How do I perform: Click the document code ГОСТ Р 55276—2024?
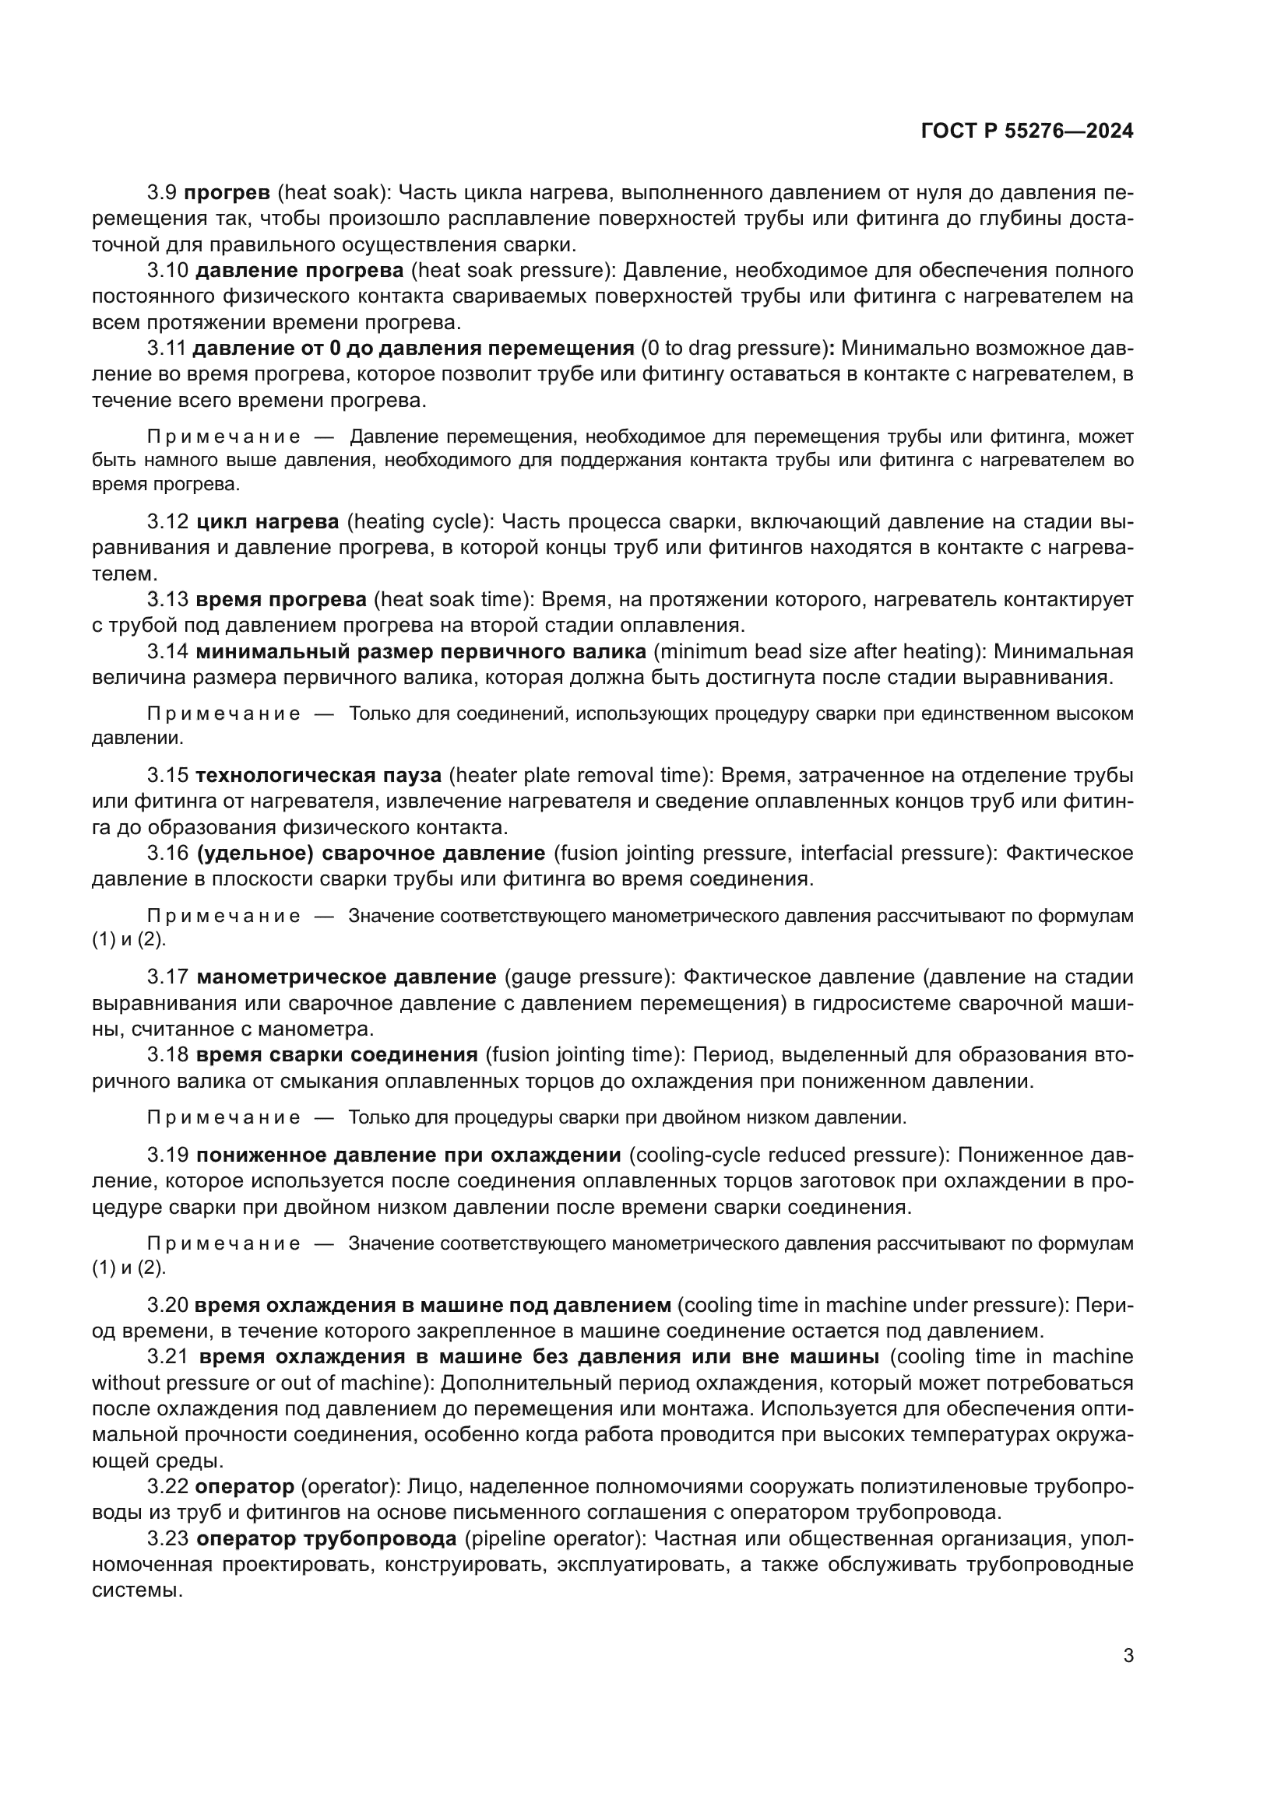[x=1026, y=132]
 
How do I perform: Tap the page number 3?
[x=1128, y=1656]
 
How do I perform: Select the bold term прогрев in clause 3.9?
[x=227, y=193]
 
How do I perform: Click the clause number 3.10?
[x=167, y=270]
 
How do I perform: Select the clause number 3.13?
[x=167, y=599]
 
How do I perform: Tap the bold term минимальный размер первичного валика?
[x=421, y=651]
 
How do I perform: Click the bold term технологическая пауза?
[x=318, y=774]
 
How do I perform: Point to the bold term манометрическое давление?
[x=346, y=977]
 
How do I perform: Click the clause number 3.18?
[x=167, y=1054]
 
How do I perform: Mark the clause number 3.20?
[x=167, y=1305]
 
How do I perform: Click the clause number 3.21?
[x=167, y=1356]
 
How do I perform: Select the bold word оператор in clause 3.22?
[x=245, y=1486]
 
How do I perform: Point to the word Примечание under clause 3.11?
[x=224, y=437]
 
